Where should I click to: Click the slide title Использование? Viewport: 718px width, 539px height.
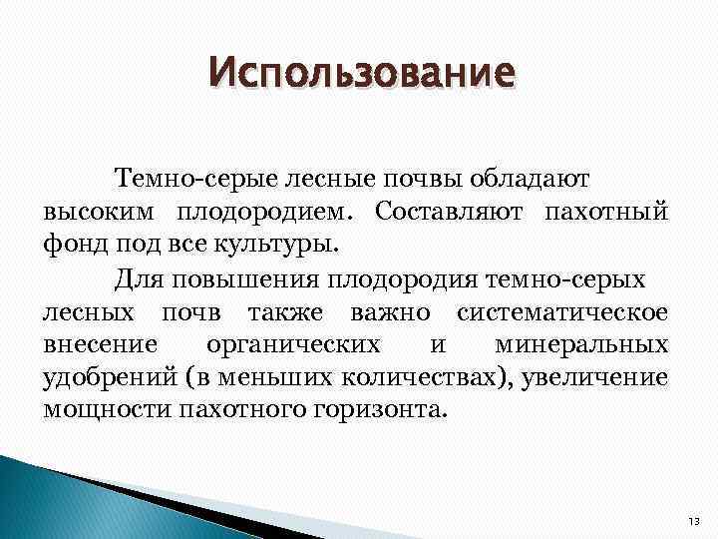coord(364,73)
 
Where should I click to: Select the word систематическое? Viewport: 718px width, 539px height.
coord(562,312)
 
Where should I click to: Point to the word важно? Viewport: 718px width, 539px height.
coord(390,312)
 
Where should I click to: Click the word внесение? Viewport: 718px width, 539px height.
coord(99,344)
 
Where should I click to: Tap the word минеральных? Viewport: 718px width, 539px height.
coord(581,344)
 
